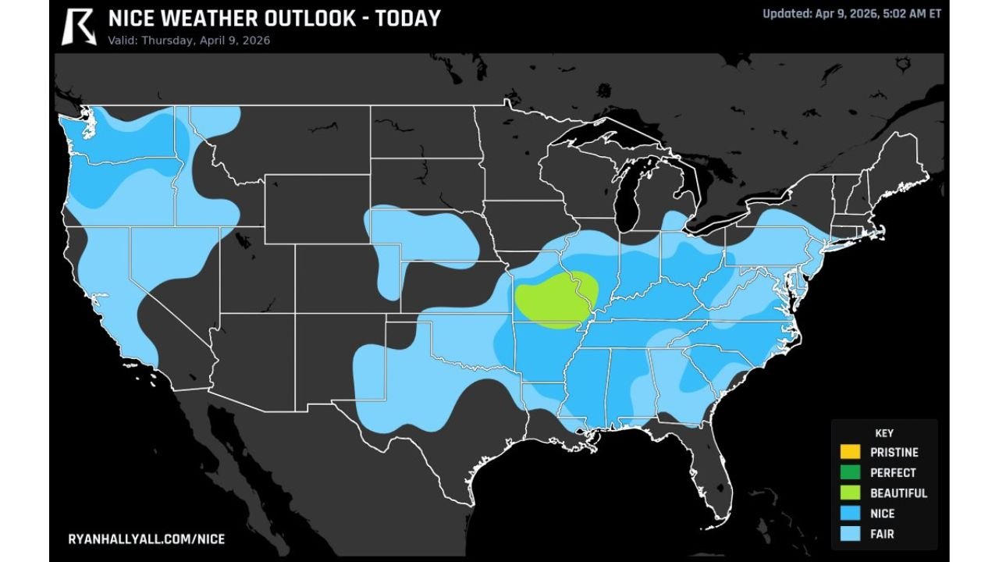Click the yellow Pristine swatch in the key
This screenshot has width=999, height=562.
tap(851, 452)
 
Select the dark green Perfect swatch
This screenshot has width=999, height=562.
tap(851, 472)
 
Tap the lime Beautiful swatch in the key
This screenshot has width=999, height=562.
tap(851, 493)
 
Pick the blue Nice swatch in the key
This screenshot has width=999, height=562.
tap(851, 514)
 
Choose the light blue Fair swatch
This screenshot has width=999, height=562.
tap(851, 535)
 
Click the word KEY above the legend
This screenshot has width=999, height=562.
tap(884, 433)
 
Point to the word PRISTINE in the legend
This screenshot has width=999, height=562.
tap(894, 452)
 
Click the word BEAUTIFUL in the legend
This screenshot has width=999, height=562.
tap(898, 493)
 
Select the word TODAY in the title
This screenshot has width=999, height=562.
tap(407, 19)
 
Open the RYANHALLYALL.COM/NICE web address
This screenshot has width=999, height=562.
tap(147, 539)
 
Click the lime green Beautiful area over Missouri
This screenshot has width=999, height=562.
tap(556, 300)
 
